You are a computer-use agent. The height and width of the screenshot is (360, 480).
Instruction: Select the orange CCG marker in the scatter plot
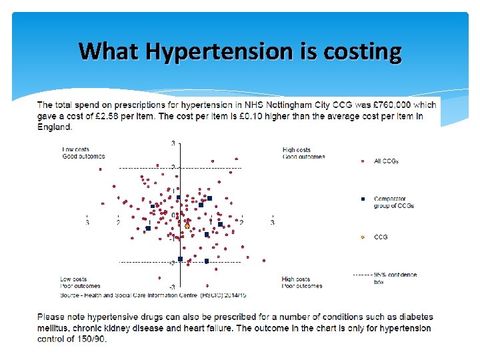(187, 226)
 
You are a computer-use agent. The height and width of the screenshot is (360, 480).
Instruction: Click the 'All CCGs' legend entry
(386, 161)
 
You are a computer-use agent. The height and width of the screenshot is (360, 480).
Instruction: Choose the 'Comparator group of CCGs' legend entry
(393, 202)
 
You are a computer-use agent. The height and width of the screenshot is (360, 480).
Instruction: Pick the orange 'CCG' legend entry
(380, 237)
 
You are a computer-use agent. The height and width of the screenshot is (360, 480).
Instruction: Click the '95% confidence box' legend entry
(395, 278)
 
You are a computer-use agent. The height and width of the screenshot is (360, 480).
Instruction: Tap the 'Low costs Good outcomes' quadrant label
(83, 153)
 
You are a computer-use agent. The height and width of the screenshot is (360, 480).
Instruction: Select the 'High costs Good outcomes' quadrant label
(303, 153)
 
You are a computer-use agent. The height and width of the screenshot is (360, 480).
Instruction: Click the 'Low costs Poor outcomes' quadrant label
(80, 283)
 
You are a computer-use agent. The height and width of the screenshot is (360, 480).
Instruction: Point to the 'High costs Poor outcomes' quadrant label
(302, 283)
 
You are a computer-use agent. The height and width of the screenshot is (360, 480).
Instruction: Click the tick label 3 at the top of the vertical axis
(173, 143)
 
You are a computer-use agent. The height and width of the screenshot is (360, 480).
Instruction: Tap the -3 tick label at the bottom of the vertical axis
(172, 287)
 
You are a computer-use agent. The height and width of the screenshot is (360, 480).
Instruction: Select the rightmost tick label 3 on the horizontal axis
(272, 223)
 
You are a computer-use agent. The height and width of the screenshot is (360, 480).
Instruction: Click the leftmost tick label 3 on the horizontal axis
(87, 223)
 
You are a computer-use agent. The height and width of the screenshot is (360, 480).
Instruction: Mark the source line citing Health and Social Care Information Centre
(153, 294)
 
